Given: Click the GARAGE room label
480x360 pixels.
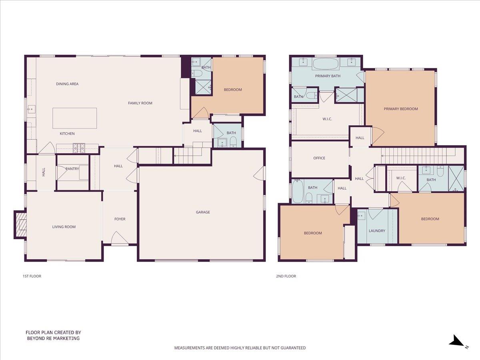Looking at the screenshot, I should point(203,212).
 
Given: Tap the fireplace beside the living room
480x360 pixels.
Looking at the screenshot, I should point(20,224).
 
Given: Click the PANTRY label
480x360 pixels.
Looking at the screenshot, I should point(72,169).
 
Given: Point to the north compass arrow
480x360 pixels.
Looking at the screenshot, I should point(456,341).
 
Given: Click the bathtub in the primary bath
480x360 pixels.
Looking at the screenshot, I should point(326,64).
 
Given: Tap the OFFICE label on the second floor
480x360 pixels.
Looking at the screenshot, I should point(319,158).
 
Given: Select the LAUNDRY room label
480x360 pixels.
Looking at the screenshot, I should point(377,231).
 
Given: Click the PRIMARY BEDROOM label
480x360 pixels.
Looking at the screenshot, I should point(401,109).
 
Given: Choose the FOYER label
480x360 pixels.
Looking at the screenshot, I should point(120,219).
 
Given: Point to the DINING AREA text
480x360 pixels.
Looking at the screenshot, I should point(67,84).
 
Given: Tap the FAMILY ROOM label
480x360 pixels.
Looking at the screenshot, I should point(140,103).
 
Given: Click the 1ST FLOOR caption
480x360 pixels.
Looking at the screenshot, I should point(32,276).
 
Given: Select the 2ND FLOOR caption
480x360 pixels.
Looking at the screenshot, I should point(286,276).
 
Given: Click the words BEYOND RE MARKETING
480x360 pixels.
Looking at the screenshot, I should point(53,338).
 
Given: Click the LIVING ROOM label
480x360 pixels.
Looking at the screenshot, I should point(64,227).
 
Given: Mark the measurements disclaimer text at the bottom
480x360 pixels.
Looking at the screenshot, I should point(240,348).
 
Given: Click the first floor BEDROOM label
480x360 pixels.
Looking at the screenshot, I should point(233,90).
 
